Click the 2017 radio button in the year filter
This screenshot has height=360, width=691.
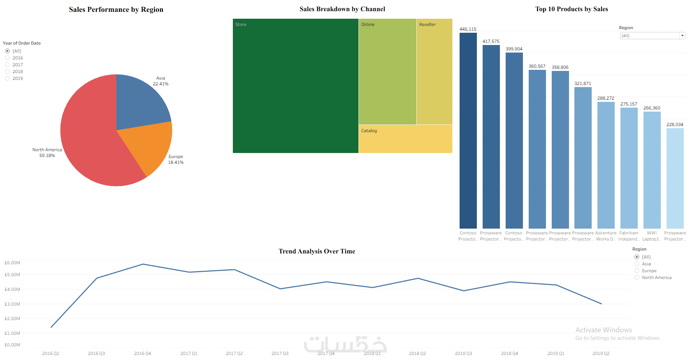pos(8,65)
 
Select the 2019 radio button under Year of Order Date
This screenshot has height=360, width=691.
pos(8,78)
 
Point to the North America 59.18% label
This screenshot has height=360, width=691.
pos(47,153)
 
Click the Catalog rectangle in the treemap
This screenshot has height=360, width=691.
pos(405,139)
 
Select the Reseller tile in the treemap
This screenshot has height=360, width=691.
pos(434,72)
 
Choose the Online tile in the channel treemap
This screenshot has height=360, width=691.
pos(387,72)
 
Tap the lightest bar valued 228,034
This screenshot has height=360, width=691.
pos(675,178)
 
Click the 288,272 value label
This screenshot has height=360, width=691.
pos(606,98)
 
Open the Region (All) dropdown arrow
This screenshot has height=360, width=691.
pos(682,36)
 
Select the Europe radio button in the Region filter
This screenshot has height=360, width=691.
pos(637,271)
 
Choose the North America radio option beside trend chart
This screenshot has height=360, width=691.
pos(637,278)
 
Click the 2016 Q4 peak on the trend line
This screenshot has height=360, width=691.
pos(143,264)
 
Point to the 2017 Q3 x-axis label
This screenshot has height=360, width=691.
pos(280,354)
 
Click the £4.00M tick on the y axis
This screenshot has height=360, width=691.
pos(12,289)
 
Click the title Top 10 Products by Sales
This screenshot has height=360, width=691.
pos(572,9)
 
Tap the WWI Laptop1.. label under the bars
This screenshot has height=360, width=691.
pos(652,236)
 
